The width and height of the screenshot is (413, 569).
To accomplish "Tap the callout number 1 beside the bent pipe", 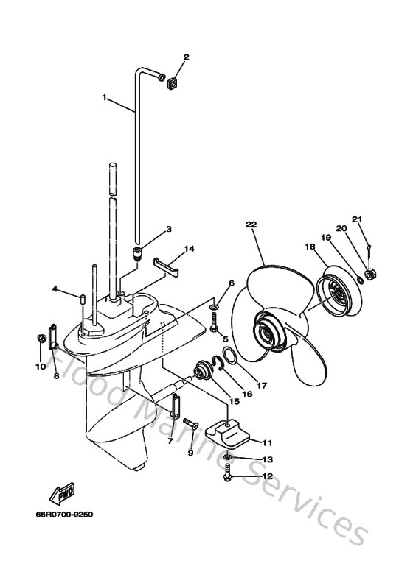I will point(105,97).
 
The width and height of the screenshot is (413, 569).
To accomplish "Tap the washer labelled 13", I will point(226,459).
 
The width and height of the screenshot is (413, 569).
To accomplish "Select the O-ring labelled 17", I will point(229,357).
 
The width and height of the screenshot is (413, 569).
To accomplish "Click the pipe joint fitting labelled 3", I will point(137,254).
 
